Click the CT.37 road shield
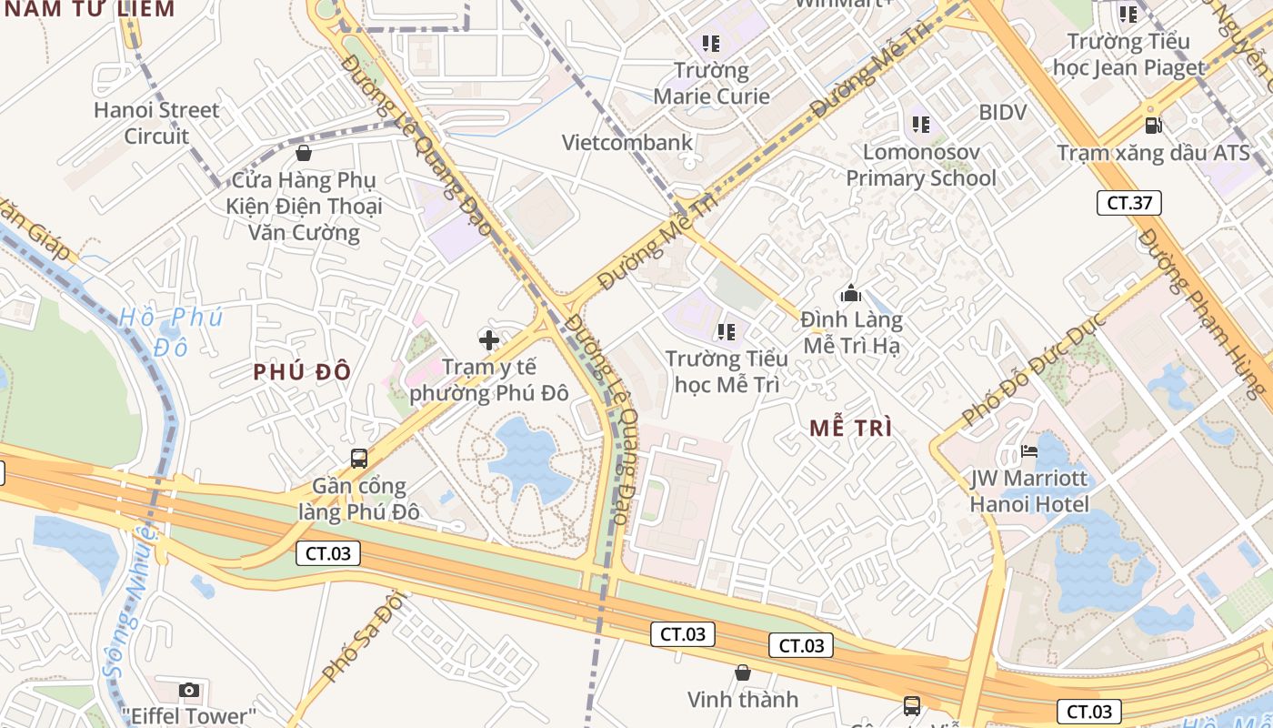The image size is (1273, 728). [x=1129, y=203]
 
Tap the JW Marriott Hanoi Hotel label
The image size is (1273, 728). [x=1029, y=490]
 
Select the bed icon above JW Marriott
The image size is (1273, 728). [x=1029, y=450]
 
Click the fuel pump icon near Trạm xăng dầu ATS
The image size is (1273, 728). [x=1153, y=125]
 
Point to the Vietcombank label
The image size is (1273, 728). [x=627, y=143]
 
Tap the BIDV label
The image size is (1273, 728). [x=1003, y=113]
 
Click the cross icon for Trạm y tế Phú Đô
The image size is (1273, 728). [x=489, y=340]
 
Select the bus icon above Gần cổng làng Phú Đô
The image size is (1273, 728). [x=359, y=458]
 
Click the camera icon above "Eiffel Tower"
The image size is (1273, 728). [x=189, y=690]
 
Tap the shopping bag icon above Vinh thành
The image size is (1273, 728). [x=743, y=672]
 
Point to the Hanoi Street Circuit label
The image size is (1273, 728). [x=156, y=123]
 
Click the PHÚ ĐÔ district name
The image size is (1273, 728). [x=302, y=371]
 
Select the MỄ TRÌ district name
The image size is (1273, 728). [x=851, y=428]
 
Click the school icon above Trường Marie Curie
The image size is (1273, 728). [x=711, y=43]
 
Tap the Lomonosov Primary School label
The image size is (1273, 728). [x=921, y=165]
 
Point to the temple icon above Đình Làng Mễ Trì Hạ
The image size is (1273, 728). [x=851, y=293]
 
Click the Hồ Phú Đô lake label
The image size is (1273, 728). [x=170, y=331]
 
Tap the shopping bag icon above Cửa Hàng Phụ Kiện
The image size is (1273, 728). [x=304, y=153]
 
